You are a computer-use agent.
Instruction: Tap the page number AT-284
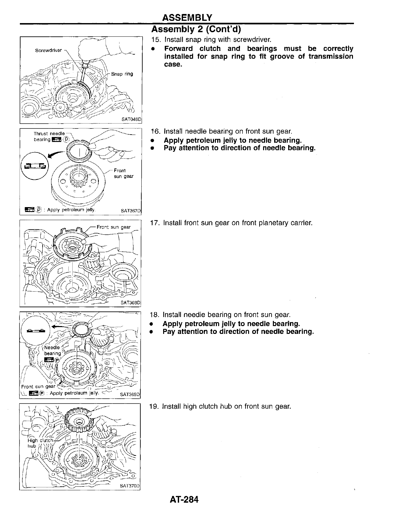[183, 499]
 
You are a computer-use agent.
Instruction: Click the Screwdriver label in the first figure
[48, 50]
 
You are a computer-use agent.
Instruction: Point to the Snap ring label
[122, 74]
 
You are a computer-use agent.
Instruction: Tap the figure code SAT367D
[131, 211]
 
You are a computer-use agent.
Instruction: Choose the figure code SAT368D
[130, 302]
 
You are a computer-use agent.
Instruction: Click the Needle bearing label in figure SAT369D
[52, 350]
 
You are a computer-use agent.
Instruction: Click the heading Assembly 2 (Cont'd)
[196, 29]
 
